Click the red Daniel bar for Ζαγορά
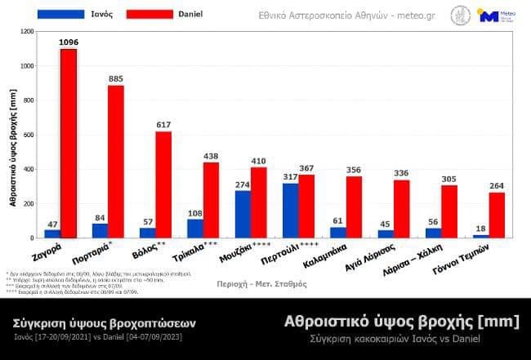coord(69,143)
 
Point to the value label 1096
coord(69,42)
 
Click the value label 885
coord(116,78)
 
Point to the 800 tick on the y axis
coord(29,100)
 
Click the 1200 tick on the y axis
coord(27,31)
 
